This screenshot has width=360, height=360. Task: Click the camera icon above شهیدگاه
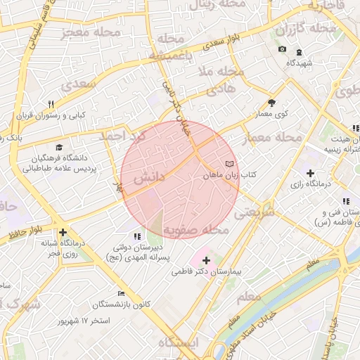[x=282, y=49]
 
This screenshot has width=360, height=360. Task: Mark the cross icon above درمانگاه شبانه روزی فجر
[x=63, y=233]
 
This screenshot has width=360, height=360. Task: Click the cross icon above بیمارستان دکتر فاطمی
[x=205, y=260]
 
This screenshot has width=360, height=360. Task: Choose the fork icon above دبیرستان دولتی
[x=136, y=236]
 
